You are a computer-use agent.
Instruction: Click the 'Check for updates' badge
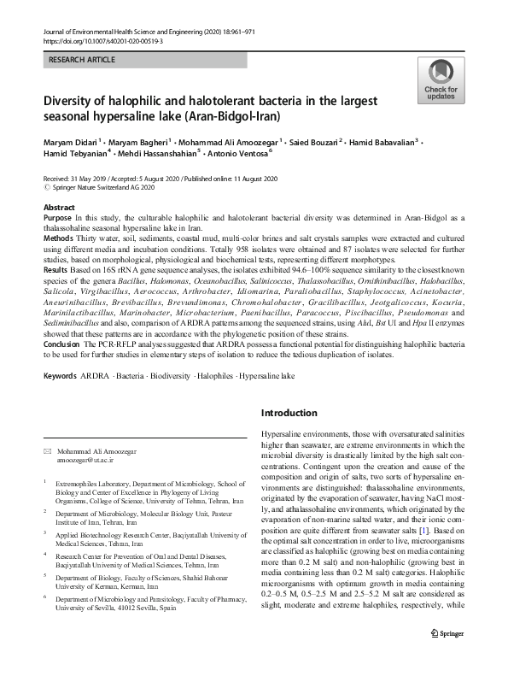click(440, 81)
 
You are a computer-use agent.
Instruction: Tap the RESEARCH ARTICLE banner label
click(85, 61)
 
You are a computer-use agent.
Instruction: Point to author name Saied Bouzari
click(342, 141)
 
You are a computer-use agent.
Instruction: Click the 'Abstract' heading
click(59, 209)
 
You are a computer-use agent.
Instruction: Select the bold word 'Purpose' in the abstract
click(58, 220)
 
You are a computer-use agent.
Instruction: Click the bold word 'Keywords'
click(60, 376)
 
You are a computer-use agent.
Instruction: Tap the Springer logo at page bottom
click(447, 656)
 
